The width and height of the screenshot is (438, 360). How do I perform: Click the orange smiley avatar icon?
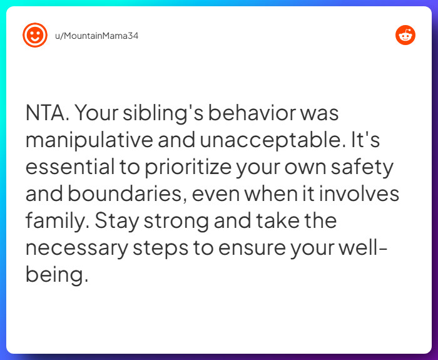[x=35, y=35]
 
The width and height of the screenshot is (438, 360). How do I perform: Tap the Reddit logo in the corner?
[x=405, y=35]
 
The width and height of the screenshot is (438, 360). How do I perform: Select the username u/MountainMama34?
[x=93, y=36]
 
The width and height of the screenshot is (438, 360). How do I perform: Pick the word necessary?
[x=76, y=249]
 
